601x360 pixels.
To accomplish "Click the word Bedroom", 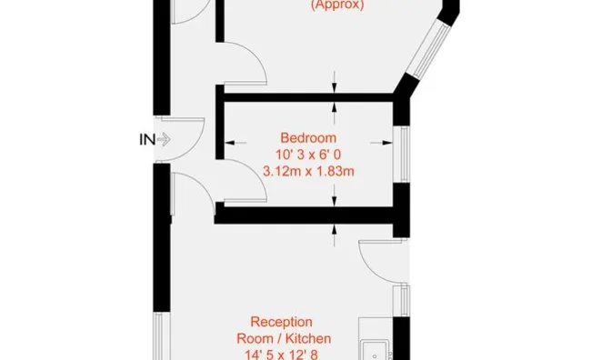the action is pos(308,137).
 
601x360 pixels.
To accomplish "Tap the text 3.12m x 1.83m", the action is pos(308,171).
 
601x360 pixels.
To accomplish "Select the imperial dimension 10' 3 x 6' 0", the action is pos(308,155).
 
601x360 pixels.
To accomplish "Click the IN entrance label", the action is pos(147,140).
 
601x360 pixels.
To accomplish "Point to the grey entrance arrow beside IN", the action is pos(164,139).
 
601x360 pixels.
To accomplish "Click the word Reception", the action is pos(281,322).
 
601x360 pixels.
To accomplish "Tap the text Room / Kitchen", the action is pos(284,338).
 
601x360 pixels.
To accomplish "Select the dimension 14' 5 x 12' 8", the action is pos(281,355).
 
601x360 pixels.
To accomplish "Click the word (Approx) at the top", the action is pos(337,5).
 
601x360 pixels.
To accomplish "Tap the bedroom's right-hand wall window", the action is pos(403,155).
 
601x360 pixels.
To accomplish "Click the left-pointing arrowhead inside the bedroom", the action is pos(229,143).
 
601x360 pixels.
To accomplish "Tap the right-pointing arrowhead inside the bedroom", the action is pos(387,143).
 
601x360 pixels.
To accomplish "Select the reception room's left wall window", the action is pos(160,336).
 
